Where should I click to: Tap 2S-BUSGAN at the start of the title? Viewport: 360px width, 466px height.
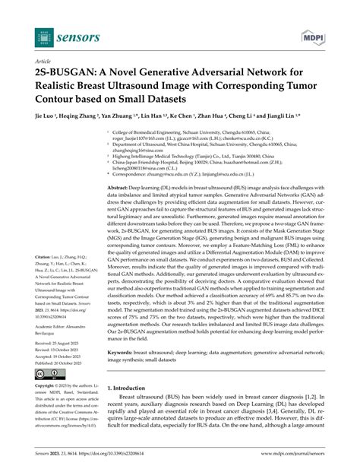coord(68,73)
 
